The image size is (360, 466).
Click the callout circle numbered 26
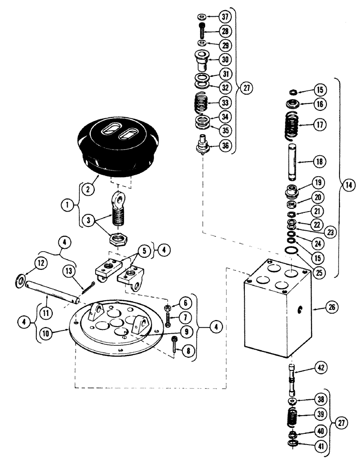pos(320,308)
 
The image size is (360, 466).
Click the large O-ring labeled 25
pos(292,253)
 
